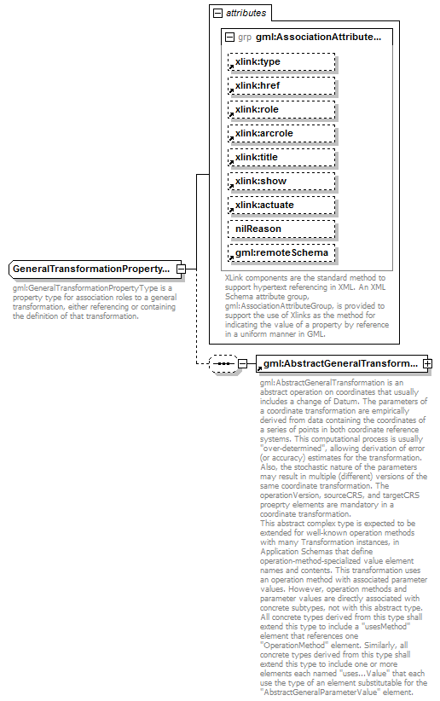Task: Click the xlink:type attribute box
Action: [x=281, y=62]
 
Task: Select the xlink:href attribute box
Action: [x=281, y=86]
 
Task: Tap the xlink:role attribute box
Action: [x=281, y=110]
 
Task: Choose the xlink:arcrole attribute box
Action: [x=281, y=134]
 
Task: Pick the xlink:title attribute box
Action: [x=281, y=158]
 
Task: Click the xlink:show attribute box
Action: [x=281, y=182]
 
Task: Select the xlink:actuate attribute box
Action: [x=281, y=206]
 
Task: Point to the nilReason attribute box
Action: [x=281, y=229]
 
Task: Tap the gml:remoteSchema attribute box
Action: [x=281, y=253]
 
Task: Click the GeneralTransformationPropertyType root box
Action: [x=91, y=269]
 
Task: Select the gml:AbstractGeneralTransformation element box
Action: [x=339, y=364]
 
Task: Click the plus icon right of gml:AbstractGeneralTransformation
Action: [x=428, y=364]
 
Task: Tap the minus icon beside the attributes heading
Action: [x=218, y=14]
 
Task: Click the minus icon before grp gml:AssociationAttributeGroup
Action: [x=229, y=38]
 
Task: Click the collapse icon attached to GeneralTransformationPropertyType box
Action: [x=182, y=269]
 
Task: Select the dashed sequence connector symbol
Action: [x=223, y=364]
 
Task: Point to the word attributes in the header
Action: [x=246, y=14]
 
